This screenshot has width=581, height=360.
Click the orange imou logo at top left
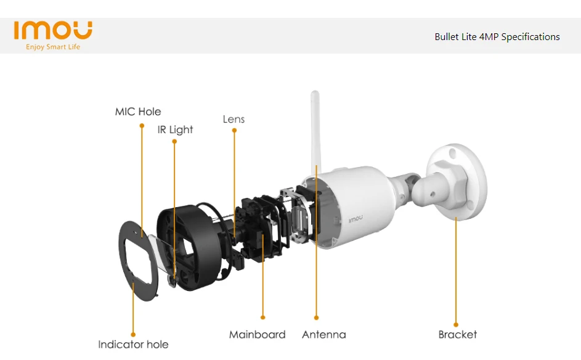[53, 30]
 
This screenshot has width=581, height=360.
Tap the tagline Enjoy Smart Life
[53, 47]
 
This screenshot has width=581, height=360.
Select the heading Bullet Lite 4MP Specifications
[497, 37]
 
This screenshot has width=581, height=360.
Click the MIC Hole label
[138, 112]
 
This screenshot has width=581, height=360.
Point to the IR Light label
[175, 129]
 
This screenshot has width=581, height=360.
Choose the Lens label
[234, 119]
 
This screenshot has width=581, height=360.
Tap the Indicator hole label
[133, 344]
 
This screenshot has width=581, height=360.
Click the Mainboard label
[257, 335]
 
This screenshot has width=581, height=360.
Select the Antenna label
[323, 335]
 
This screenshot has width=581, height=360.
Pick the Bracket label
[457, 335]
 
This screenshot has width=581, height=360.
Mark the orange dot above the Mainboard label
[263, 317]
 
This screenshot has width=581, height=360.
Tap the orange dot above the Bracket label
[456, 324]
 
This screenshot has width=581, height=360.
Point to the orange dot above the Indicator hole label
[133, 335]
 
